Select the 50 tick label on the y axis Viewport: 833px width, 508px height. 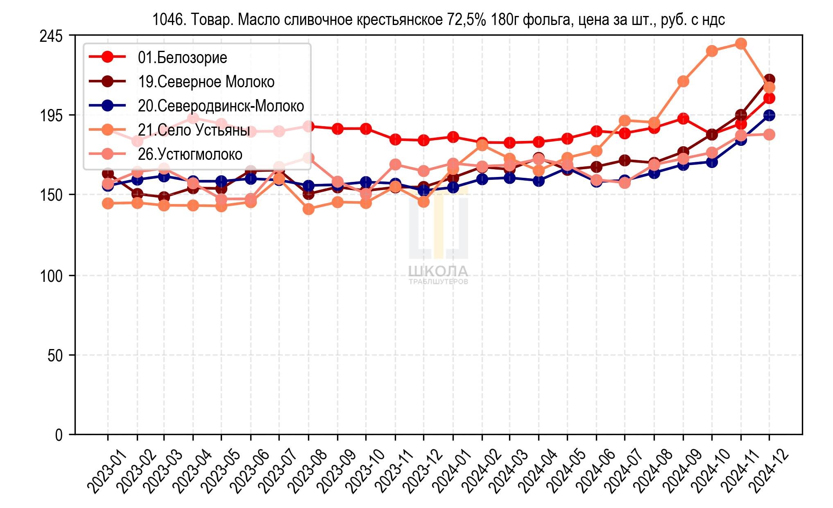(x=55, y=355)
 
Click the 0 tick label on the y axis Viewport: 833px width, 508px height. (x=59, y=434)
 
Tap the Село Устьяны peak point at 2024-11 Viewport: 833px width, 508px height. (x=740, y=43)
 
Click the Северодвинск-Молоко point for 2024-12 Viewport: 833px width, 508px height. (x=769, y=116)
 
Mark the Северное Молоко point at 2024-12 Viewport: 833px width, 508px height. (x=769, y=79)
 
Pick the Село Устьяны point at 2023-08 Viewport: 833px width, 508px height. (x=308, y=209)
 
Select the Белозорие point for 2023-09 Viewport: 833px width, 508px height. (x=337, y=129)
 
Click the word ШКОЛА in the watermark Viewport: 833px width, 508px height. (x=438, y=271)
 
